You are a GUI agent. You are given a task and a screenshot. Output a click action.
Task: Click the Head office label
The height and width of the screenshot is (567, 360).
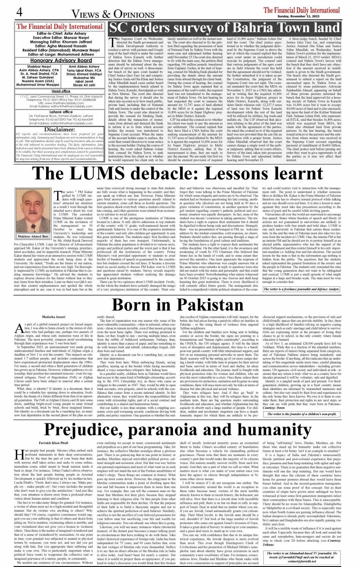[x=61, y=91]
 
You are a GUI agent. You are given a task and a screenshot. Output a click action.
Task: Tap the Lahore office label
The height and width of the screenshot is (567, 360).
[x=61, y=112]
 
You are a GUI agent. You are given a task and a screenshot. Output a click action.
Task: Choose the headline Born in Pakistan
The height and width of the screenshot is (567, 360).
[x=178, y=305]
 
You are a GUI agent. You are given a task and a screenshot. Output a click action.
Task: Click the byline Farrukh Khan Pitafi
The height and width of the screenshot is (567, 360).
[x=53, y=443]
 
